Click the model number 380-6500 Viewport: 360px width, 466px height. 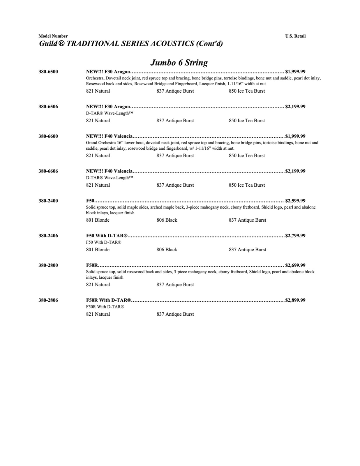coord(48,72)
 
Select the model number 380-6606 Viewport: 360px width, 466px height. coord(48,171)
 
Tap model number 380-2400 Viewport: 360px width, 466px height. coord(48,201)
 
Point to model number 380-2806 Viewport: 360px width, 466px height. coord(48,300)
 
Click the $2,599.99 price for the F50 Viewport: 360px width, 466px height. coord(295,201)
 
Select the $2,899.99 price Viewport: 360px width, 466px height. coord(295,300)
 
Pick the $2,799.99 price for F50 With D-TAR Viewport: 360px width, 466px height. coord(295,236)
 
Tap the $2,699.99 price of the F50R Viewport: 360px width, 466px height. coord(295,265)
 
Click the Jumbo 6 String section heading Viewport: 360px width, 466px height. coord(179,63)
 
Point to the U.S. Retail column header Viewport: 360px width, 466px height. coord(295,36)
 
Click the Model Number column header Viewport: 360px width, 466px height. coord(53,36)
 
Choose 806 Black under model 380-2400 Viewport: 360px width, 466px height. coord(167,220)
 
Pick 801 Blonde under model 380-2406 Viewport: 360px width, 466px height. coord(98,250)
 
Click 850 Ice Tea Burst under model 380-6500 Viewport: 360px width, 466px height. coord(247,91)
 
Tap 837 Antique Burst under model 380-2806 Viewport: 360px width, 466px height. coord(175,314)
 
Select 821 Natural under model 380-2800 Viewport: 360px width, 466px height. coord(98,285)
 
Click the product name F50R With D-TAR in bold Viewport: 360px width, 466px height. coord(108,300)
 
